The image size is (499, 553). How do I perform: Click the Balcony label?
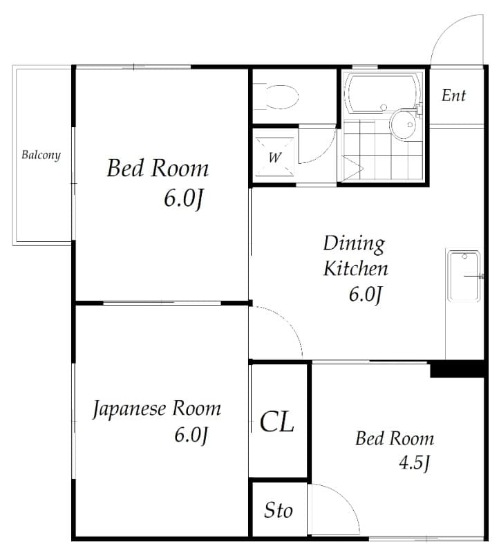(41, 154)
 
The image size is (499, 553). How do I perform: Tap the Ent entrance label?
(453, 95)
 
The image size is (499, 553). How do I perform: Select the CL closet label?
(277, 420)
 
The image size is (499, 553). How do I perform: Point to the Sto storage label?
(278, 510)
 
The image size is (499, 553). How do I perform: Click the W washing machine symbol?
(274, 157)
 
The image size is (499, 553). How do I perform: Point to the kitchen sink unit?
(464, 276)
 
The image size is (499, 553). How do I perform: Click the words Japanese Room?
(157, 409)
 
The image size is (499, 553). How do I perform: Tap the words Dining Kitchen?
(355, 256)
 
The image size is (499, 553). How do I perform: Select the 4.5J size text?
(415, 462)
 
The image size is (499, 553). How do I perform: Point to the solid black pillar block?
(457, 369)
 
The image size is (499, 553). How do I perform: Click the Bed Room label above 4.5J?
(395, 438)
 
